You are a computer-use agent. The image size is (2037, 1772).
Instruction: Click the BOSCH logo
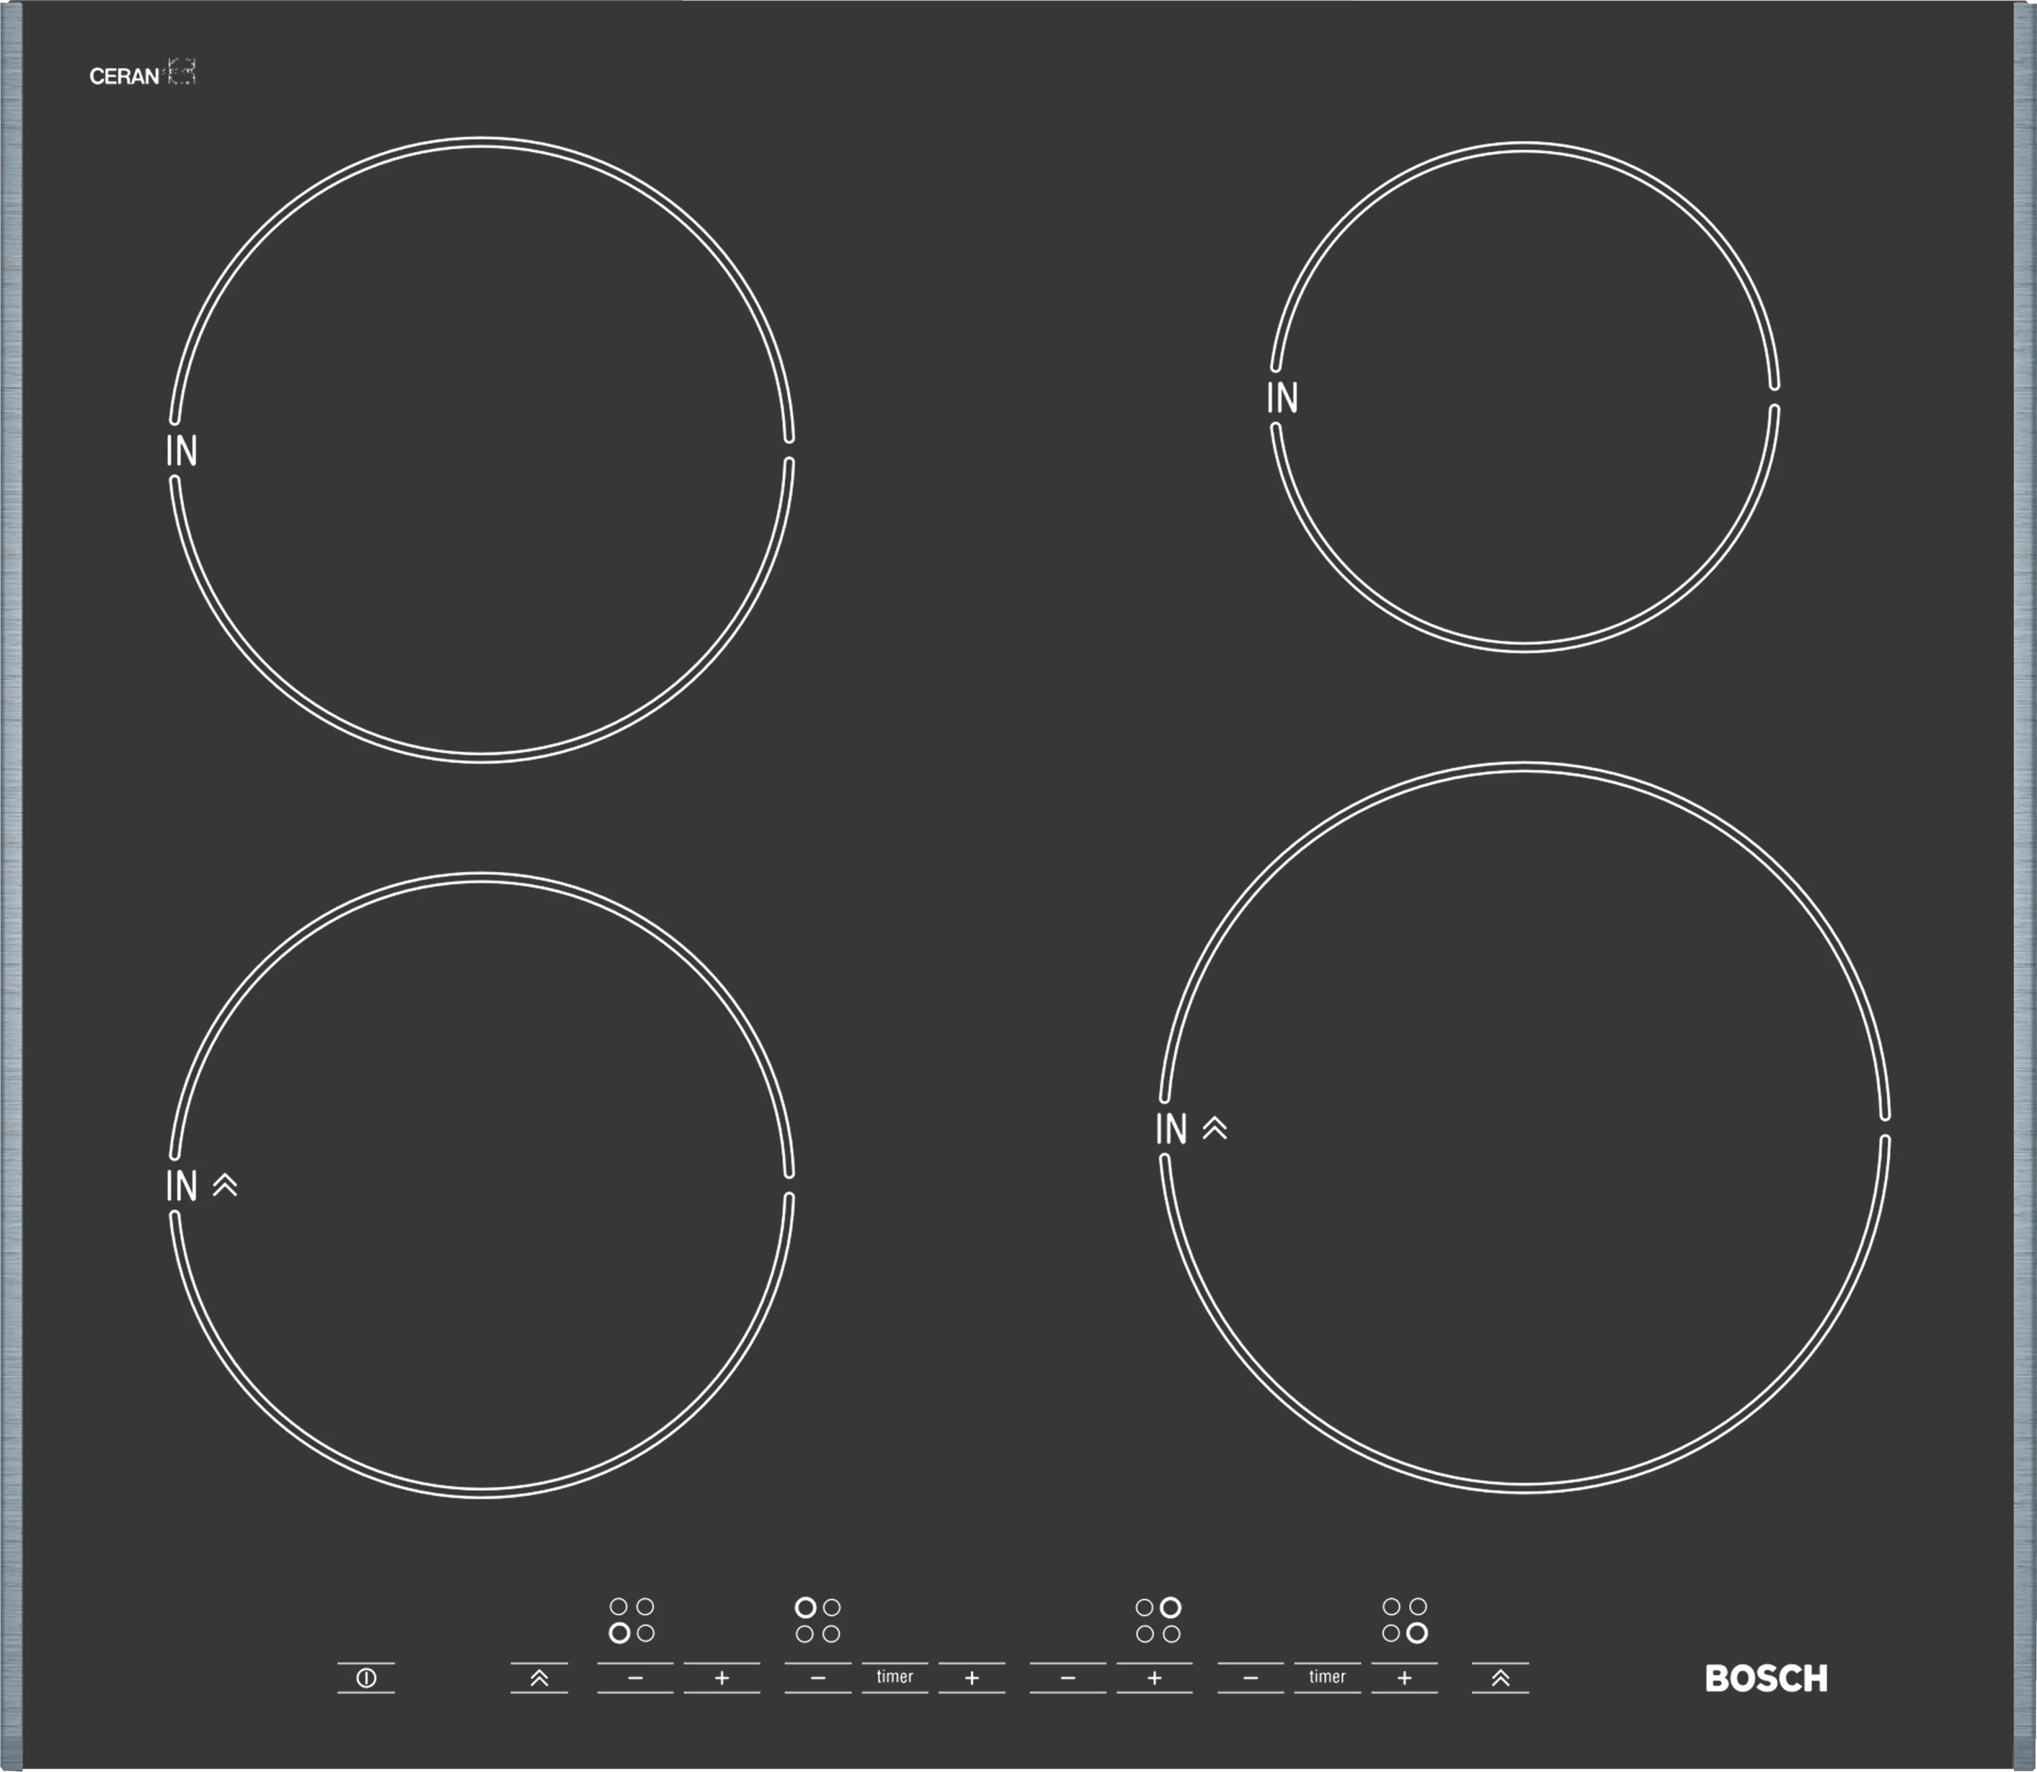click(x=1766, y=1678)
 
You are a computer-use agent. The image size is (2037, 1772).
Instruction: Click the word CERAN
click(x=124, y=76)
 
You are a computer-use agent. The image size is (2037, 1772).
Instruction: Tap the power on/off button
click(x=366, y=1678)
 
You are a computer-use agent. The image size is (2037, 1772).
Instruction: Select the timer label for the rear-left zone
click(x=895, y=1676)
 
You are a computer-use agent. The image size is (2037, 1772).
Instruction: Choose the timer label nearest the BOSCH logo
click(x=1327, y=1676)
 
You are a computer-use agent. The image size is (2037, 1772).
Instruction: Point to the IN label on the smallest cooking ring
click(x=1283, y=398)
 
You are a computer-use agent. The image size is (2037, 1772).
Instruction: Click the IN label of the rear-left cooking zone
click(x=182, y=451)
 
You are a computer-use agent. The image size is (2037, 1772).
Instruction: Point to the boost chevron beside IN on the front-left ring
click(x=225, y=1185)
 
